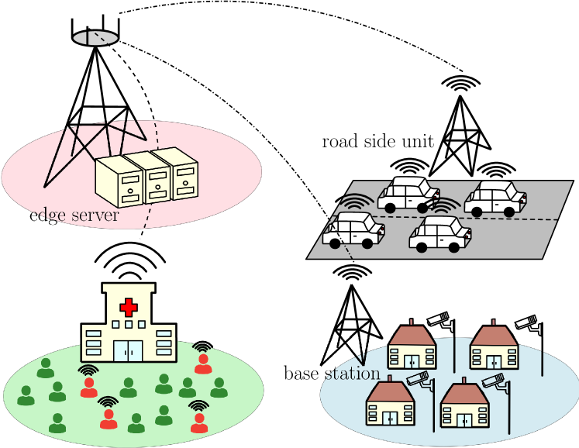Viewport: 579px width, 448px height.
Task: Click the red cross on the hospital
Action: coord(129,307)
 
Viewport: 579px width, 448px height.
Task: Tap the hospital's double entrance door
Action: coord(129,350)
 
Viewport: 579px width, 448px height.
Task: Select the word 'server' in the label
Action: coord(94,215)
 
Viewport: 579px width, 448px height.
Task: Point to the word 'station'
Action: coord(352,374)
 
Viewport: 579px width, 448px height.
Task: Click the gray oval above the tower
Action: coord(95,38)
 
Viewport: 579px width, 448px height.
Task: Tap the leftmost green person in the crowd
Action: coord(26,395)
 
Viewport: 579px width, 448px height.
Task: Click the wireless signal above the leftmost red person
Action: coord(89,370)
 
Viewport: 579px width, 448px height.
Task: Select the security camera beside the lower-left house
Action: coord(419,379)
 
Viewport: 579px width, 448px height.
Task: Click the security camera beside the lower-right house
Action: coord(493,381)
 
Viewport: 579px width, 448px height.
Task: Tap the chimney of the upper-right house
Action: coord(493,320)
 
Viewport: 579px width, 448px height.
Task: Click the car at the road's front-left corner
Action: coord(354,230)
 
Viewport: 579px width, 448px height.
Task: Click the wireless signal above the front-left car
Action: coord(357,203)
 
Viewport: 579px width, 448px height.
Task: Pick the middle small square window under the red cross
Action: coord(129,324)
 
